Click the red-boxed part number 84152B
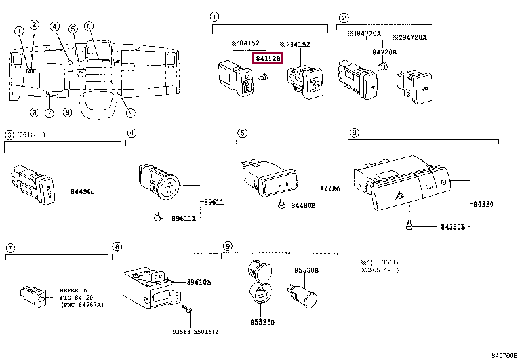(x=268, y=59)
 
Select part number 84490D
(x=83, y=191)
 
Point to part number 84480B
(x=303, y=205)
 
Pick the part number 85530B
(x=306, y=270)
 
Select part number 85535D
(x=262, y=322)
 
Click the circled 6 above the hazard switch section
(x=354, y=133)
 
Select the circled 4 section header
(x=131, y=133)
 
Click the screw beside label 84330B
(x=409, y=226)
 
